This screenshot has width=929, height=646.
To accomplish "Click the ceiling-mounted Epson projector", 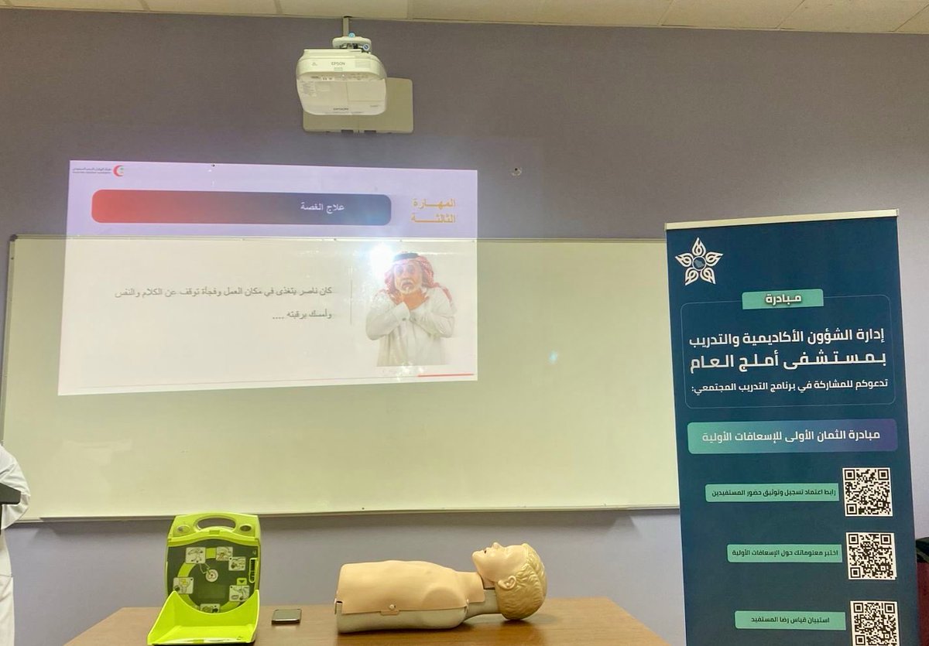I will coord(341,80).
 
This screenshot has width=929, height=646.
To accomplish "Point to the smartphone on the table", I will coord(286,616).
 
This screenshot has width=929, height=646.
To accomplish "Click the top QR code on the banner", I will coord(867,492).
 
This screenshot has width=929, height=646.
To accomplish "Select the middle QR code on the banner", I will coord(871,555).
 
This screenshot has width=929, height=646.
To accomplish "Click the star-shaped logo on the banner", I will coord(698,262).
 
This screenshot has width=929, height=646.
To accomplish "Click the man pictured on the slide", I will coord(410,309).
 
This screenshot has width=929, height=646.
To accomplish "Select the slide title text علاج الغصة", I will coord(322,207).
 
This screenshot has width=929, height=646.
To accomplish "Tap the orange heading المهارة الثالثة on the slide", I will coord(434,210).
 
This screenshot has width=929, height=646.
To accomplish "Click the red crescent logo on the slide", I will coord(118,171).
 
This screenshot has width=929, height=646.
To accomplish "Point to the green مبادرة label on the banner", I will coord(782,299).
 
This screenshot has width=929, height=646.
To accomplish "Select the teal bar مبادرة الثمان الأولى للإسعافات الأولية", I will coord(792,436).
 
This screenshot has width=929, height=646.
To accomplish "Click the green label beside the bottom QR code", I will coord(790,620).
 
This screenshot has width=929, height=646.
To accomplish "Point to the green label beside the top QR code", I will coord(772,493).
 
